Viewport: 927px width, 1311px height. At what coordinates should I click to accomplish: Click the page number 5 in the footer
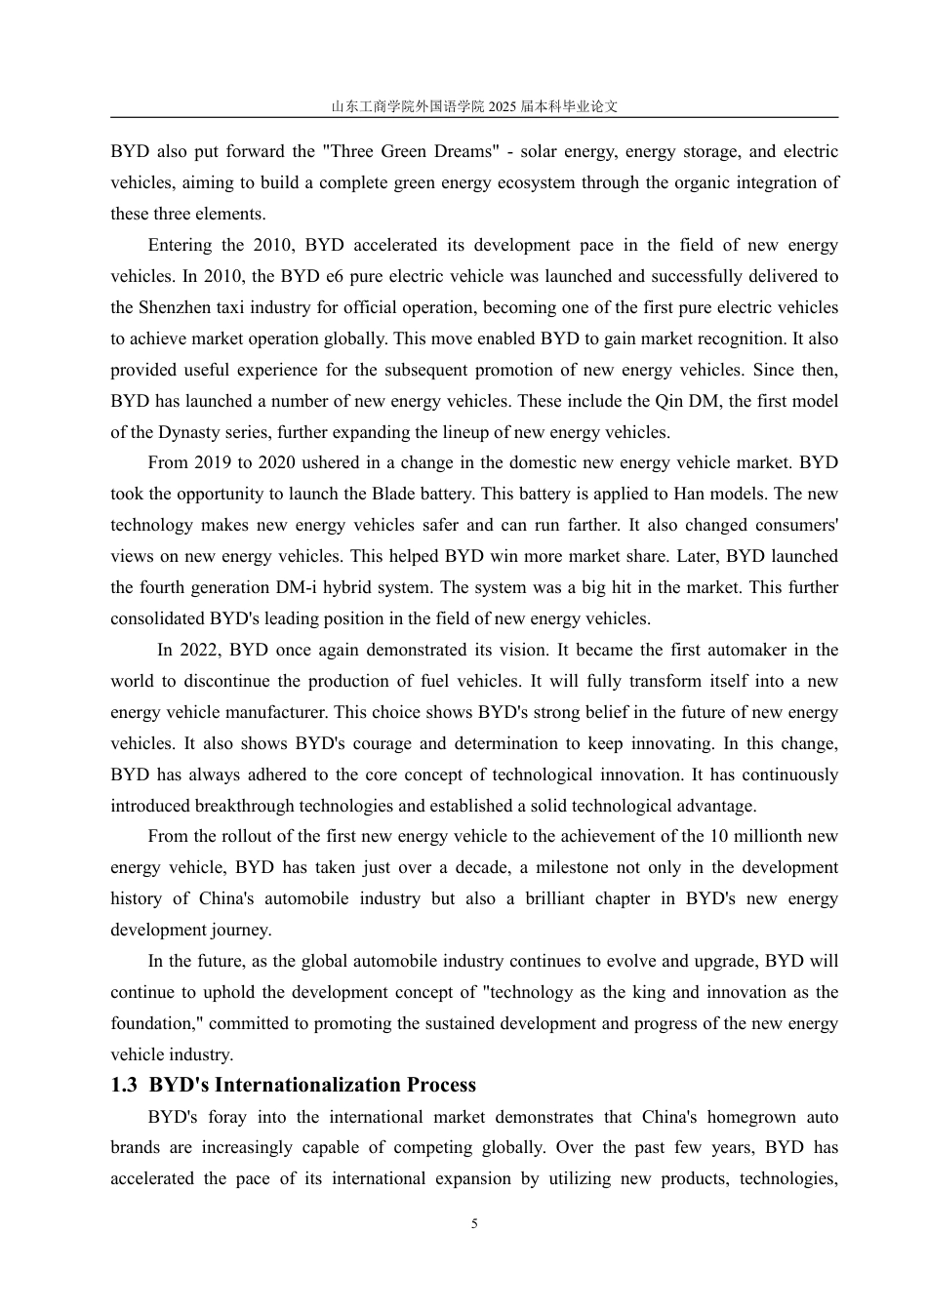point(474,1224)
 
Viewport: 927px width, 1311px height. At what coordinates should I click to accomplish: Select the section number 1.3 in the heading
point(124,1086)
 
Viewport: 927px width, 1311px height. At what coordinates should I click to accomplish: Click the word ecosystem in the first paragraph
point(535,183)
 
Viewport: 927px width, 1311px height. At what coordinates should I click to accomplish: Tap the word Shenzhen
point(171,308)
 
